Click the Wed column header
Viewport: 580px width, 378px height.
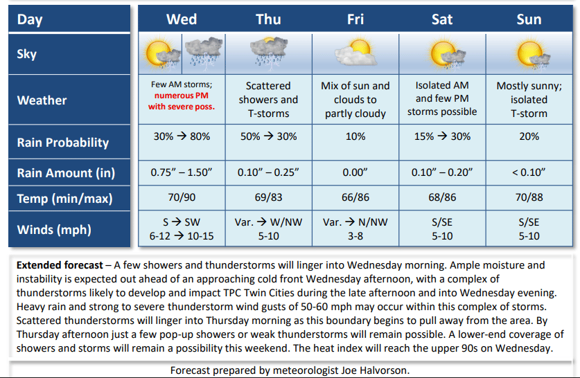coord(182,19)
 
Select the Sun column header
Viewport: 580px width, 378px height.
coord(529,19)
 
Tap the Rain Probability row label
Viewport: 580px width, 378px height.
coord(63,143)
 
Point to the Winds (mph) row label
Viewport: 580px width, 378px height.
coord(54,230)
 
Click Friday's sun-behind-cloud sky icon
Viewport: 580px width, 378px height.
coord(355,53)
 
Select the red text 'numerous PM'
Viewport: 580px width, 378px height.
coord(182,96)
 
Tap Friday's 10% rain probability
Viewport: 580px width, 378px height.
coord(355,136)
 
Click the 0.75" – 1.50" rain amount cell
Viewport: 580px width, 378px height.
coord(182,172)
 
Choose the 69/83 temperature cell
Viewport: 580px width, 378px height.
coord(269,197)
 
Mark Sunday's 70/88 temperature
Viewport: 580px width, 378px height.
coord(529,197)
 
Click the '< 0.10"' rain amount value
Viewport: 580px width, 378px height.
coord(529,172)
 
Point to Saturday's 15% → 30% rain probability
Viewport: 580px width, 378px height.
coord(442,136)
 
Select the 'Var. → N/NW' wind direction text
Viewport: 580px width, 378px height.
coord(355,222)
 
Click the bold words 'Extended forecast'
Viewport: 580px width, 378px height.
coord(60,265)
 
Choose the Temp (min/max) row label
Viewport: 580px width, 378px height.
coord(64,199)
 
